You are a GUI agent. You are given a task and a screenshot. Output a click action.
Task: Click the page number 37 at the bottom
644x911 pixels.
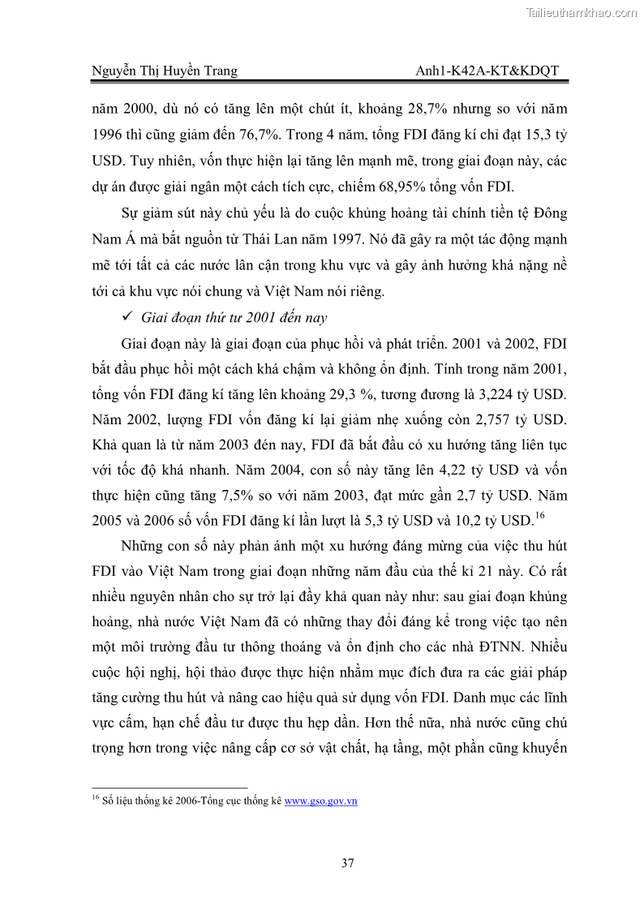tap(347, 863)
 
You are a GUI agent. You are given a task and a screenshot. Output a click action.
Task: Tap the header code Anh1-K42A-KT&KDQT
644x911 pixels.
tap(486, 71)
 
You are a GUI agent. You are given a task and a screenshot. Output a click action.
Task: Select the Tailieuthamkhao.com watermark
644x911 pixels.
tap(582, 12)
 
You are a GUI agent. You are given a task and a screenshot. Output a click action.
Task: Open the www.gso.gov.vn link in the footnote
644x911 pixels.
tap(320, 801)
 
